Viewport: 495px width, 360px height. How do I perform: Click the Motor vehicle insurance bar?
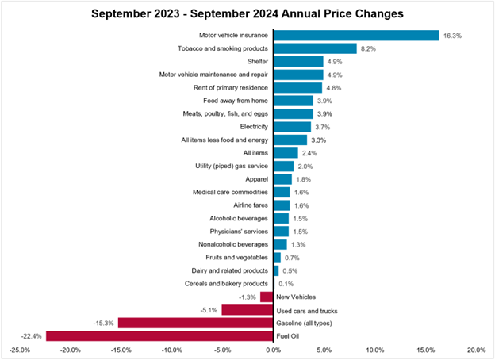point(356,36)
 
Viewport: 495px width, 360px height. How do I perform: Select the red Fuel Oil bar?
point(159,335)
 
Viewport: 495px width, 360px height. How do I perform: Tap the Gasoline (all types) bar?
point(195,323)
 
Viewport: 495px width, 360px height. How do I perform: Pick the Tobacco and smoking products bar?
point(315,48)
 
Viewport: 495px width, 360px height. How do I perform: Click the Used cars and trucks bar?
point(247,309)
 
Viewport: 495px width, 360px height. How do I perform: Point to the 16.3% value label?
point(451,36)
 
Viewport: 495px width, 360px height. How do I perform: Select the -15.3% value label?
point(106,323)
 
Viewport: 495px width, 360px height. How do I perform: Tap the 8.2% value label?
point(369,48)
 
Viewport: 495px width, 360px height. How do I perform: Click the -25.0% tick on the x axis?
point(20,350)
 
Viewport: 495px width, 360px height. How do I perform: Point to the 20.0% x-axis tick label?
point(476,350)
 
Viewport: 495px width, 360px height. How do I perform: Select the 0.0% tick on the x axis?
point(274,350)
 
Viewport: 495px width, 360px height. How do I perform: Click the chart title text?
point(247,13)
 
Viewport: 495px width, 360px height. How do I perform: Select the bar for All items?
point(286,153)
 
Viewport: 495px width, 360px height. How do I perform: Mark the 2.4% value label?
point(310,153)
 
